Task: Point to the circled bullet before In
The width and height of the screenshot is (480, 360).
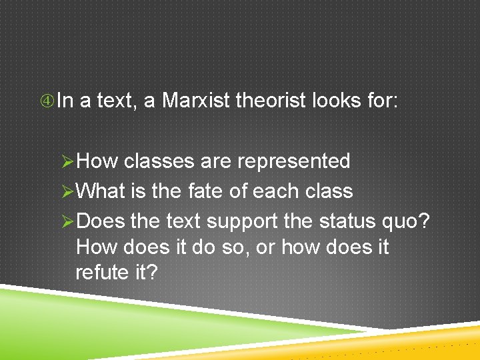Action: pyautogui.click(x=47, y=101)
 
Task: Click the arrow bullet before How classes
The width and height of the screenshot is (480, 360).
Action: pyautogui.click(x=67, y=161)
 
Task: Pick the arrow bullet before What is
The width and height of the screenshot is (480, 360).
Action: pyautogui.click(x=67, y=191)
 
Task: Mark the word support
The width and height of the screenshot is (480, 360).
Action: pyautogui.click(x=241, y=220)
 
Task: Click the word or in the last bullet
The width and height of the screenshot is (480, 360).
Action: pyautogui.click(x=265, y=247)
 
